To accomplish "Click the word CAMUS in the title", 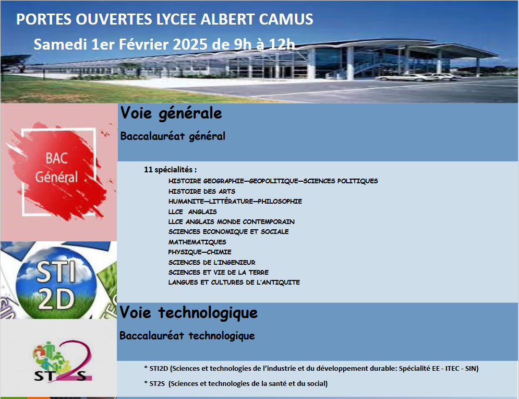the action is [x=286, y=19].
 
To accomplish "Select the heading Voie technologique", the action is [x=189, y=313].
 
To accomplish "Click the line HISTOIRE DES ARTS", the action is [x=202, y=191].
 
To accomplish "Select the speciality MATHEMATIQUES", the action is [x=197, y=242].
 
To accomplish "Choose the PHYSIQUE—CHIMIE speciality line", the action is [x=200, y=252].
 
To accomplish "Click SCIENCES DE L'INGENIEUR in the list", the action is [x=212, y=263].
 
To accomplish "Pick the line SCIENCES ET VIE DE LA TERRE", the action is [x=219, y=273].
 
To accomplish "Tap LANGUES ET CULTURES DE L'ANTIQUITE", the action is [x=234, y=283].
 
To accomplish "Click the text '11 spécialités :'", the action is [x=170, y=170].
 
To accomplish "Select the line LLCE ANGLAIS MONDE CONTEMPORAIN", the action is [x=232, y=222].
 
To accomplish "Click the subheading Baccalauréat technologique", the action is [x=187, y=336].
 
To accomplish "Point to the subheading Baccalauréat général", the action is [x=173, y=136].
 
